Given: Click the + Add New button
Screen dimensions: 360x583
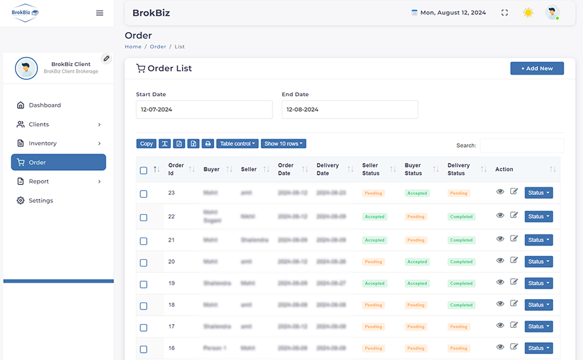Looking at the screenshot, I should [536, 68].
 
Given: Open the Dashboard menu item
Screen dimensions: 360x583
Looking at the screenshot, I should [45, 105].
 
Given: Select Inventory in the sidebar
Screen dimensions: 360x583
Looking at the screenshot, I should [43, 143].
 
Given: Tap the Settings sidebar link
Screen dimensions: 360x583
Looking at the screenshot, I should [41, 201].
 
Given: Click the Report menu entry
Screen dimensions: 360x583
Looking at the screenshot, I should [39, 181].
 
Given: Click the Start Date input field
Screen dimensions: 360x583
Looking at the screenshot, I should [204, 109].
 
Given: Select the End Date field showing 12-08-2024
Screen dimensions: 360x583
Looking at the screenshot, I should [350, 109].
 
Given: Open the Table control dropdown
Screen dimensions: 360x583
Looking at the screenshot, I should [237, 144].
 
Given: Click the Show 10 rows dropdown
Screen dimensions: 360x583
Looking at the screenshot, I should [284, 144].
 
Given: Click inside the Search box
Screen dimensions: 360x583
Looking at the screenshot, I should [521, 145].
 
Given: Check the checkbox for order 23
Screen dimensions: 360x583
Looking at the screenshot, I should [143, 194].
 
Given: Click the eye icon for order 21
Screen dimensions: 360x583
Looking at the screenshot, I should [500, 239].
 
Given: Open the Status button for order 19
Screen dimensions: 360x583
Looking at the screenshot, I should [538, 283].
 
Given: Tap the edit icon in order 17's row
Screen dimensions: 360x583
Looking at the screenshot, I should [514, 325].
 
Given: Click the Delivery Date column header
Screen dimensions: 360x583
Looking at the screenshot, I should [328, 170].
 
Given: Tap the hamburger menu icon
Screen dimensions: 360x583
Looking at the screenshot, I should [100, 13].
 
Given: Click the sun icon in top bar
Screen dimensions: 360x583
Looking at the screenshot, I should [528, 12].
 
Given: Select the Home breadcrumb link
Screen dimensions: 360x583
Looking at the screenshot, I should [133, 47].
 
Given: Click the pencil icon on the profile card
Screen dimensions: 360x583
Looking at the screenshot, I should [106, 58].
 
